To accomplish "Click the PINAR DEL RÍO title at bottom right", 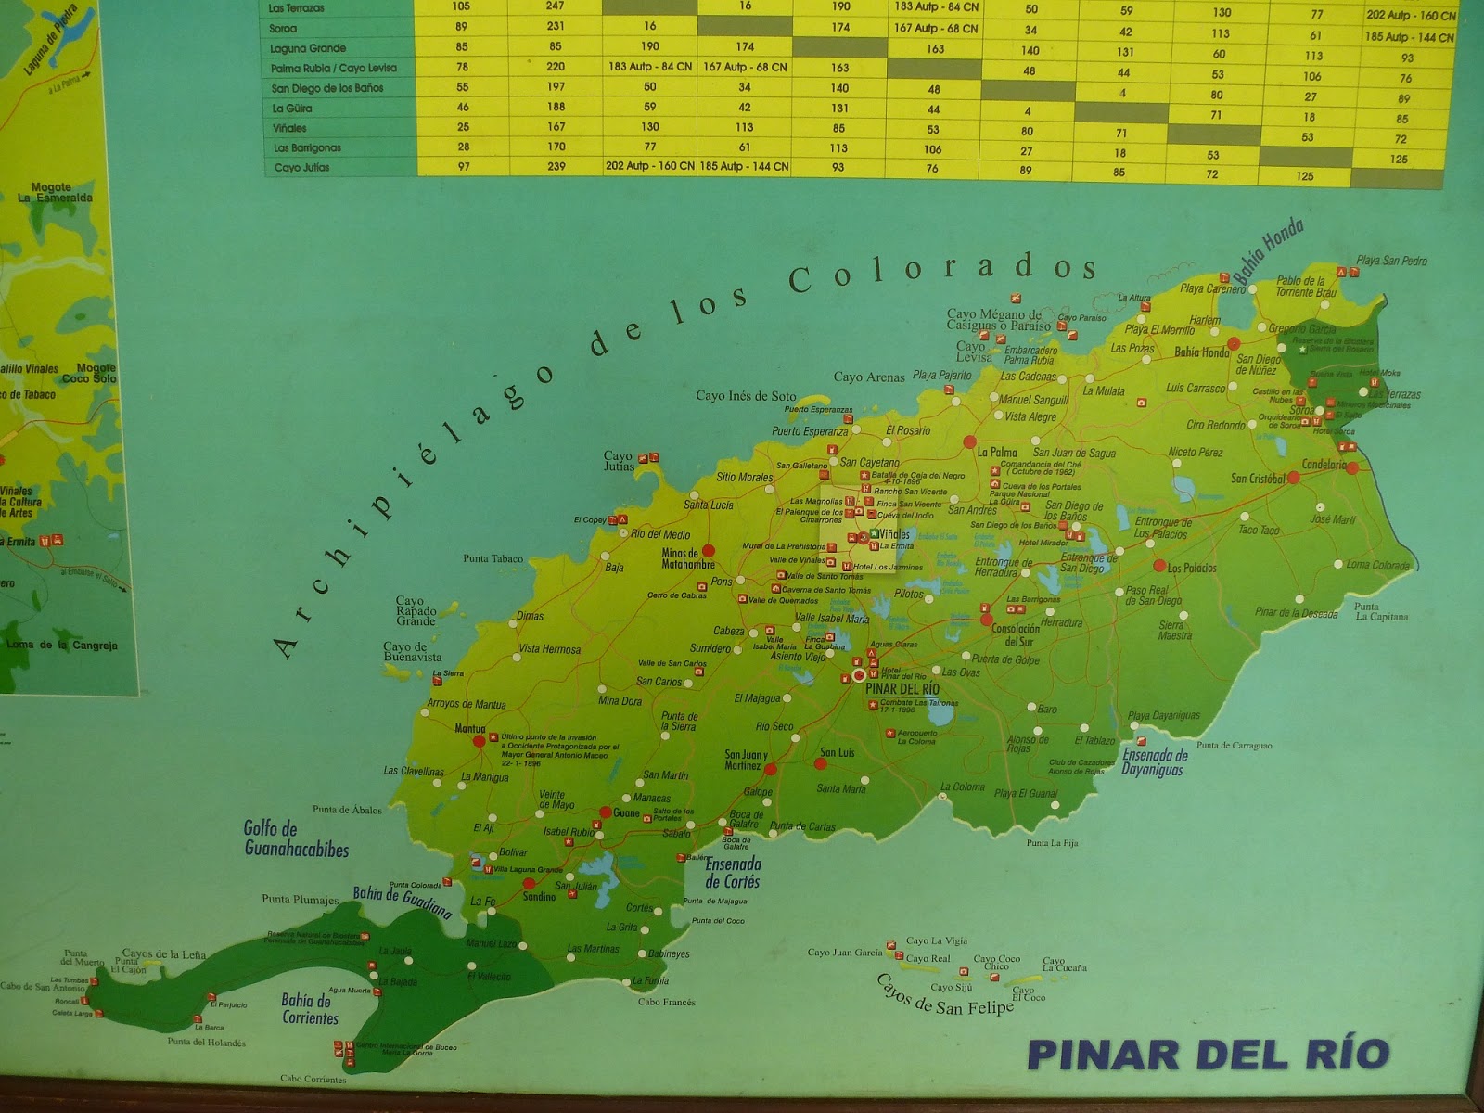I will point(1209,1055).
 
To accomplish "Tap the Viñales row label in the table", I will point(289,128).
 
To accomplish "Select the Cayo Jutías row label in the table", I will point(301,168).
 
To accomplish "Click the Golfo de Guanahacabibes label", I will point(296,838).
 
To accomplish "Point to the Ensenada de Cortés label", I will point(732,873).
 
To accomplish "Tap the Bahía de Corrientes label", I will point(309,1009).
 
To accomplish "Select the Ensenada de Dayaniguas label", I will point(1155,761).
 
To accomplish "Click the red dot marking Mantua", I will point(479,741).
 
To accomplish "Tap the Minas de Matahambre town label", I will point(688,558).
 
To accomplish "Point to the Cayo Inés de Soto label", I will point(746,396).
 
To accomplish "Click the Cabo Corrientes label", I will point(313,1079).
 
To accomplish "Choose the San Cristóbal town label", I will point(1258,479).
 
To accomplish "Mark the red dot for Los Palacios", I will point(1159,566).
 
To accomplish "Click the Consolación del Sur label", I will point(1016,634).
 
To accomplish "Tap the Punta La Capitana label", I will point(1381,611).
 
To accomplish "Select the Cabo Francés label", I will point(666,1002).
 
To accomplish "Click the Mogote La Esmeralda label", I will point(55,193).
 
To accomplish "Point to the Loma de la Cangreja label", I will point(61,646).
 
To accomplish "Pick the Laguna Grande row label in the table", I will point(308,48).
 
